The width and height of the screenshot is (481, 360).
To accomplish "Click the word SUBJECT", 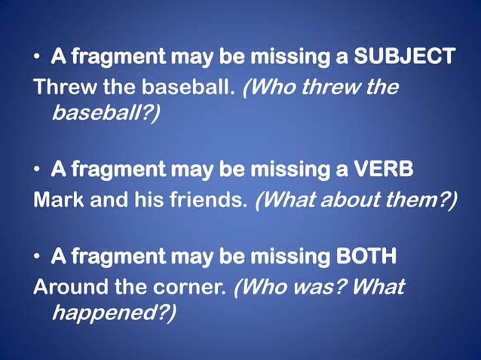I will point(405,56).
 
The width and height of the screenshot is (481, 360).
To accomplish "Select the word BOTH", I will point(366,257).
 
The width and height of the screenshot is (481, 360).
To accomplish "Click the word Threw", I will point(59,87).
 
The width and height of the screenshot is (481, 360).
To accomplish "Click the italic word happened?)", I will point(113,313).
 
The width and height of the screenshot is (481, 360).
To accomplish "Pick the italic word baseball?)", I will point(106,113).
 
